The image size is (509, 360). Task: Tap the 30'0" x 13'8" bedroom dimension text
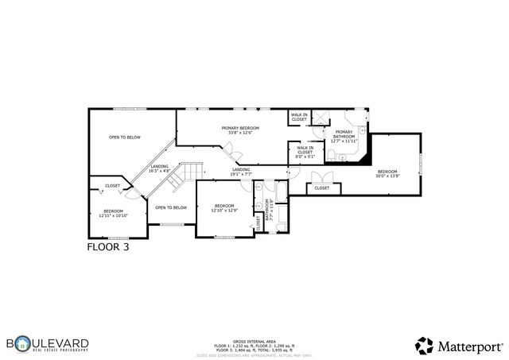[x=387, y=177]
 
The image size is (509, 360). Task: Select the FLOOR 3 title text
[x=107, y=247]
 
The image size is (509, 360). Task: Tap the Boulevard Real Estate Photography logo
[x=48, y=344]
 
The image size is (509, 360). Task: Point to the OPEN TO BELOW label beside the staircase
[x=170, y=207]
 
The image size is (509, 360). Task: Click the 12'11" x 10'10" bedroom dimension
[x=113, y=215]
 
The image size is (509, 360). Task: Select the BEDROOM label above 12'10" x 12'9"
[x=225, y=207]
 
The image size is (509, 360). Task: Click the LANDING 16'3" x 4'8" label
[x=160, y=168]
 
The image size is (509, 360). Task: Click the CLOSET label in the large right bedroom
[x=321, y=188]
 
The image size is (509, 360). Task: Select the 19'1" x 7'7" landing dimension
[x=241, y=174]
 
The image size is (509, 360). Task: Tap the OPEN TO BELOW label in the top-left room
[x=125, y=137]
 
